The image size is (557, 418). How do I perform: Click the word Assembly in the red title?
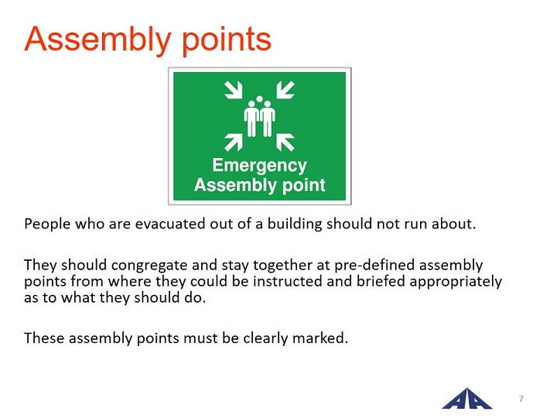coord(97,39)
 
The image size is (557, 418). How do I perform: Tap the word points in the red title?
coord(227,39)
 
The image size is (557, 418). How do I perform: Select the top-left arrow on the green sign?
coord(234,90)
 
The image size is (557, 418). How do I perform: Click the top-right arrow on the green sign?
coord(285,90)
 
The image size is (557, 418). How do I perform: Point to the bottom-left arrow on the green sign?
coord(234,142)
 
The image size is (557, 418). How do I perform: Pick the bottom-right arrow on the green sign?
coord(285,142)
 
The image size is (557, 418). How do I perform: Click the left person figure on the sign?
coord(251,118)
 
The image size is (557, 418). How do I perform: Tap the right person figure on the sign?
coord(268,118)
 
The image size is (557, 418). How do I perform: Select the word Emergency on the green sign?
coord(260,166)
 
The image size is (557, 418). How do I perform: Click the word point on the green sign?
coord(304,186)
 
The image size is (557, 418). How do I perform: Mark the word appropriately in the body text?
coord(456,282)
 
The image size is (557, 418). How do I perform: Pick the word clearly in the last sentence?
coord(265,338)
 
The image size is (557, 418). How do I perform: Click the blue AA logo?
coord(467,399)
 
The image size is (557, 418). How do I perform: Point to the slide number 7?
coord(521,399)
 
